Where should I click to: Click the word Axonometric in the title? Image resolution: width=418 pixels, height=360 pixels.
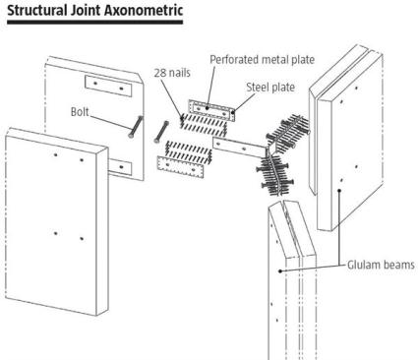pyautogui.click(x=144, y=10)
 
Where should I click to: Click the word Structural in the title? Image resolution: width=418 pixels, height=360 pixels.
pyautogui.click(x=36, y=10)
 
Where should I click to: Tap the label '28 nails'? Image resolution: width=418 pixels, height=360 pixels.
pyautogui.click(x=172, y=73)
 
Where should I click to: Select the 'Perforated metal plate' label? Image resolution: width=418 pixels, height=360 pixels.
pyautogui.click(x=262, y=60)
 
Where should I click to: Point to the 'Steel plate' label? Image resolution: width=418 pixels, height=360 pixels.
pyautogui.click(x=270, y=88)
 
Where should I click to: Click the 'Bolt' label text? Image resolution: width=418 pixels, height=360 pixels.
pyautogui.click(x=80, y=112)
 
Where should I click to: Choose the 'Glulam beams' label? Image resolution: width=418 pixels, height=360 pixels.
pyautogui.click(x=381, y=265)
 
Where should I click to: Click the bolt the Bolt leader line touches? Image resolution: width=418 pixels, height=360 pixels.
pyautogui.click(x=137, y=127)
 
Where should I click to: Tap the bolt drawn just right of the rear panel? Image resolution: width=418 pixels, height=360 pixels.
pyautogui.click(x=161, y=132)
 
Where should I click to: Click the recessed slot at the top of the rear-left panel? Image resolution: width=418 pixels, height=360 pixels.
pyautogui.click(x=108, y=86)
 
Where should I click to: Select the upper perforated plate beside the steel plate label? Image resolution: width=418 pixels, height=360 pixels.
pyautogui.click(x=212, y=110)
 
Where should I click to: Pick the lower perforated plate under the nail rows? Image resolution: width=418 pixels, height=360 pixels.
pyautogui.click(x=181, y=167)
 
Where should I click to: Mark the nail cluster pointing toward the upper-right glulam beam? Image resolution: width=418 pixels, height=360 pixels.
pyautogui.click(x=288, y=133)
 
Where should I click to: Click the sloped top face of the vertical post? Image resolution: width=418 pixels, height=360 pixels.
pyautogui.click(x=292, y=229)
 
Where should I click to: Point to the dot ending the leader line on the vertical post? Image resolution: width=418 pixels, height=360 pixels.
pyautogui.click(x=280, y=270)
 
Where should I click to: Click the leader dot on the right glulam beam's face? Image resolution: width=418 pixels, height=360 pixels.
pyautogui.click(x=339, y=190)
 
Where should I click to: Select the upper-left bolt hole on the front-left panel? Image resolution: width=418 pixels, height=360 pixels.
pyautogui.click(x=56, y=154)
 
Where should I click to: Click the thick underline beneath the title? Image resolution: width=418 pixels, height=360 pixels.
pyautogui.click(x=95, y=22)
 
